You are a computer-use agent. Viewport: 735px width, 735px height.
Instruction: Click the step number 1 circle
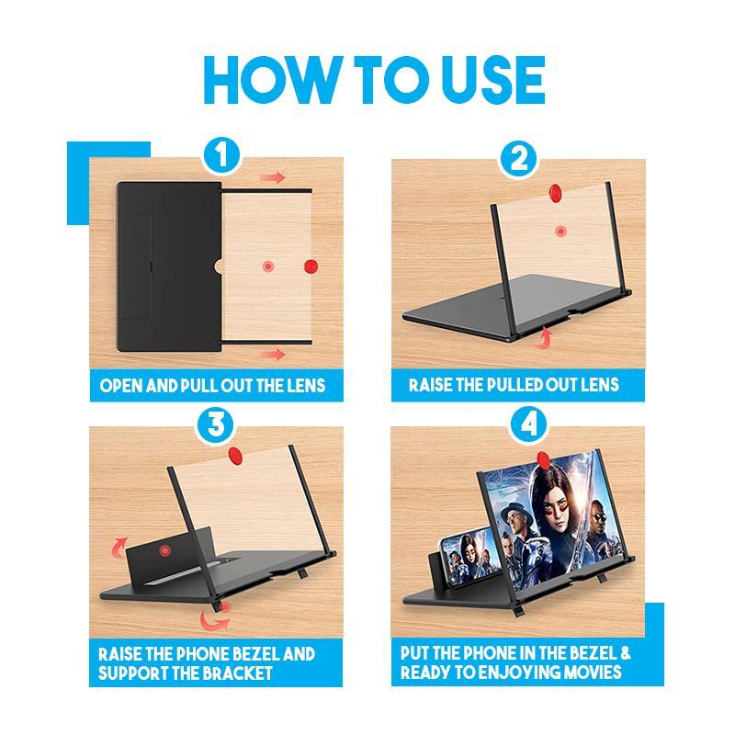(221, 155)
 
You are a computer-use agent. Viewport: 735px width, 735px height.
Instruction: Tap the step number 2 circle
(518, 158)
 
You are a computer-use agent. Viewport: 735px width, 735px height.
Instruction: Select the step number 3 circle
(216, 425)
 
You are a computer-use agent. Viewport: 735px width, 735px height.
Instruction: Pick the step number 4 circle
(529, 425)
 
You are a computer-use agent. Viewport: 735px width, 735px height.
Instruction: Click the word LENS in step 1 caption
(307, 386)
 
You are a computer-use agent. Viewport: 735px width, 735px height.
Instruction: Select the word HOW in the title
(270, 80)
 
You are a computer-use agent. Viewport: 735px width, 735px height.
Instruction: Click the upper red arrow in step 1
(273, 177)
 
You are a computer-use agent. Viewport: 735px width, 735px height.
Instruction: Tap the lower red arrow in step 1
(273, 354)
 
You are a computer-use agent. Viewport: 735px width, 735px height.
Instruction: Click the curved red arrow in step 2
(544, 338)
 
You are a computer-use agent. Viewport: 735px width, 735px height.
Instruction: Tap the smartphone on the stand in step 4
(467, 560)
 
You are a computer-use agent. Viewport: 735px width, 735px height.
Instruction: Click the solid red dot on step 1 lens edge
(311, 266)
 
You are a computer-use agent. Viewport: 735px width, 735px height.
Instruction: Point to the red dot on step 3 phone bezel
(164, 550)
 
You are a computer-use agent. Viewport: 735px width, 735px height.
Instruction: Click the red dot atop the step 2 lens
(556, 192)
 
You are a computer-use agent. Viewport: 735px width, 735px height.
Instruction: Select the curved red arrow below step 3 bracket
(215, 618)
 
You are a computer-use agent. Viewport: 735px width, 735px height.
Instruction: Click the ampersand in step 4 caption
(626, 653)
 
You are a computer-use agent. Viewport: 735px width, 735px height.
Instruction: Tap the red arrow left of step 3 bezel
(119, 547)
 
